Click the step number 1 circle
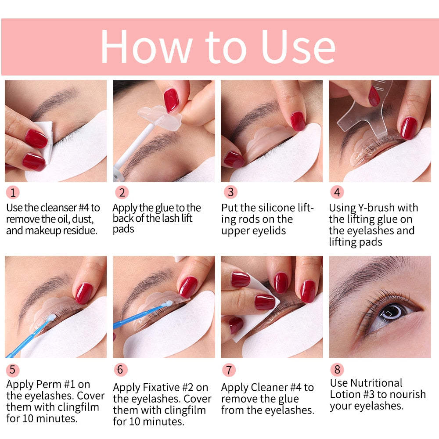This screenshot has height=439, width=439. click(x=13, y=192)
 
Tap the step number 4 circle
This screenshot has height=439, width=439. click(x=337, y=192)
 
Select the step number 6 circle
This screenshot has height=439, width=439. click(x=120, y=370)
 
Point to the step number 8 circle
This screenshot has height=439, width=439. click(x=337, y=369)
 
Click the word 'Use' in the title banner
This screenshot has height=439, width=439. click(x=298, y=47)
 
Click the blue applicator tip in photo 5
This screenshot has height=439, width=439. click(x=51, y=317)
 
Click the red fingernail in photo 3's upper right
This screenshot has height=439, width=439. click(x=298, y=120)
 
